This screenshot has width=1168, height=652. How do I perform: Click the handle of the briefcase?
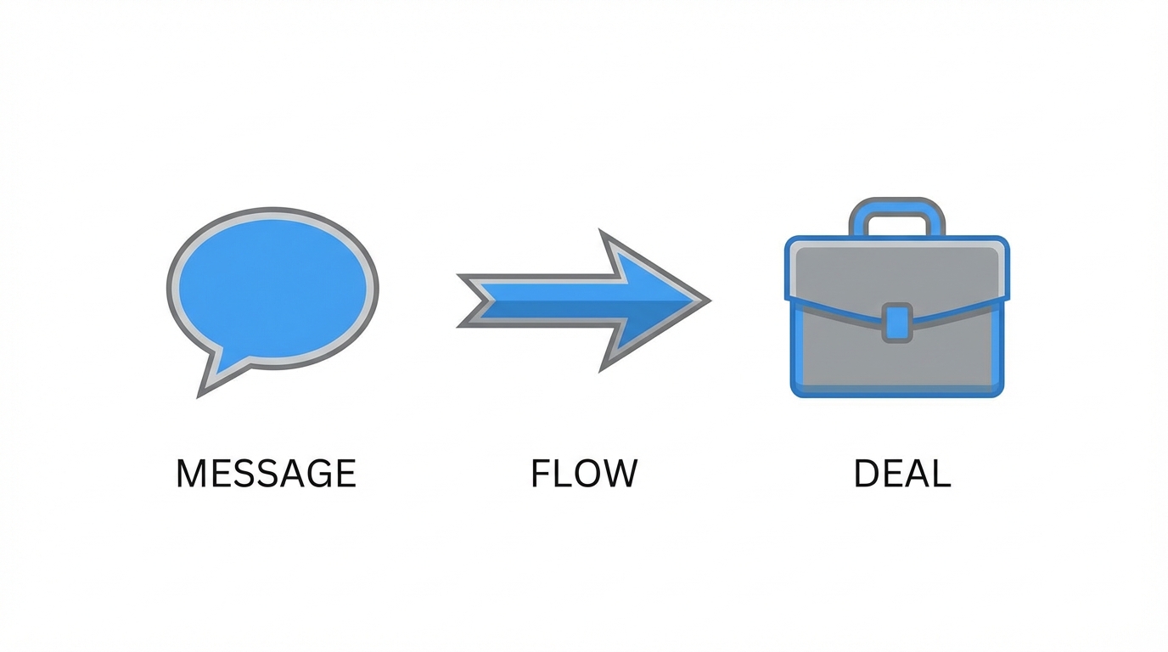pyautogui.click(x=896, y=212)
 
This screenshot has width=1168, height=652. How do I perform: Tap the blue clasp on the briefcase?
pyautogui.click(x=896, y=322)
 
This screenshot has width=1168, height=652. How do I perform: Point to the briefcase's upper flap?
pyautogui.click(x=896, y=272)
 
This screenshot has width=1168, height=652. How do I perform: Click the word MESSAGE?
pyautogui.click(x=266, y=474)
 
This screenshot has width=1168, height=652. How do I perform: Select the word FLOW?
pyautogui.click(x=583, y=474)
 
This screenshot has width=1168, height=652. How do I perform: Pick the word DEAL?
pyautogui.click(x=901, y=474)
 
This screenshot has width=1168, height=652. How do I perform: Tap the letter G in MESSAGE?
pyautogui.click(x=316, y=474)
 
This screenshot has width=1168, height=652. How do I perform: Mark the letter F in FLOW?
pyautogui.click(x=541, y=474)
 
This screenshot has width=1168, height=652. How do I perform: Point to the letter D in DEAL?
pyautogui.click(x=866, y=474)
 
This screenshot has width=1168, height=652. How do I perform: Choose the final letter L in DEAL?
pyautogui.click(x=941, y=474)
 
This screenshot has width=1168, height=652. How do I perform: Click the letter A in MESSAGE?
pyautogui.click(x=287, y=474)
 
